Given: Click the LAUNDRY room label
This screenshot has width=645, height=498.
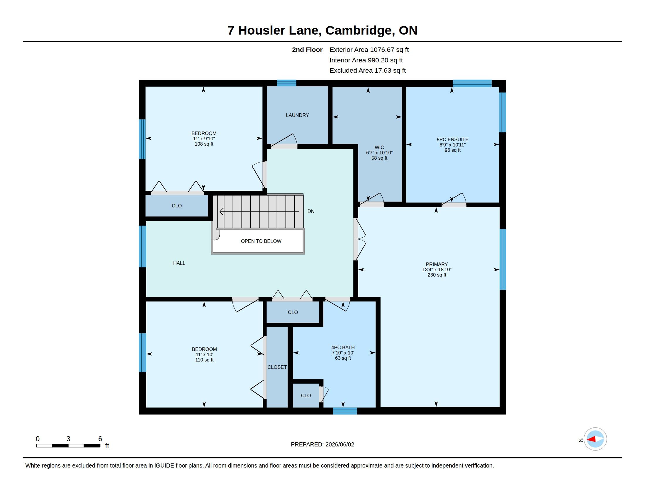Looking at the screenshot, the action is (297, 115).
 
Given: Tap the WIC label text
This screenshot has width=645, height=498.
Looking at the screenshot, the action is (379, 147).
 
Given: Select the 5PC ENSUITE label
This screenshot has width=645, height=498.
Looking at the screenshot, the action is (452, 139).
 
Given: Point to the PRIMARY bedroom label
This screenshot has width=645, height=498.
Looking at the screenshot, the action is (437, 264).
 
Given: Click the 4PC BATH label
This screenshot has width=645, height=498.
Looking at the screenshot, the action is (343, 347).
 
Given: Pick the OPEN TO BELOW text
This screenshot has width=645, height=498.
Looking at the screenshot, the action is (261, 241).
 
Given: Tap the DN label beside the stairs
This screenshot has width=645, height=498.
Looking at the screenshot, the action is (311, 211).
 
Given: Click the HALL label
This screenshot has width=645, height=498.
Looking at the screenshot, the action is (179, 263).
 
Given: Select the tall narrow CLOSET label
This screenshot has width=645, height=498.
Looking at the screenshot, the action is (277, 367).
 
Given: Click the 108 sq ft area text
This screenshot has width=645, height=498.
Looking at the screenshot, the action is (204, 144).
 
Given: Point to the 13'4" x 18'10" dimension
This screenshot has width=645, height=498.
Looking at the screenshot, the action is (437, 269).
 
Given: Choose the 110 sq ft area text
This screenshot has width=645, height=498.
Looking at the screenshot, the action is (204, 360).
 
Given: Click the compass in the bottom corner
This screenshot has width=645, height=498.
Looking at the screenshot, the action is (595, 439).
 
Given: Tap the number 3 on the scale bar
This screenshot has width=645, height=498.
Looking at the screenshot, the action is (68, 439).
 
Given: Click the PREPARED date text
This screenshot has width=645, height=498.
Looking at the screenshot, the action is (322, 444).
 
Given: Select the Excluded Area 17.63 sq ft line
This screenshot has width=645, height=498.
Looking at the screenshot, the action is (368, 71).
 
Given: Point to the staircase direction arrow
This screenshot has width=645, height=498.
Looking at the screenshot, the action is (259, 212).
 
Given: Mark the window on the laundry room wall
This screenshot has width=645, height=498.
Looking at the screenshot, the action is (286, 83).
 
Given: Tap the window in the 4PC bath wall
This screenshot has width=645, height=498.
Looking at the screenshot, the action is (345, 411).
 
